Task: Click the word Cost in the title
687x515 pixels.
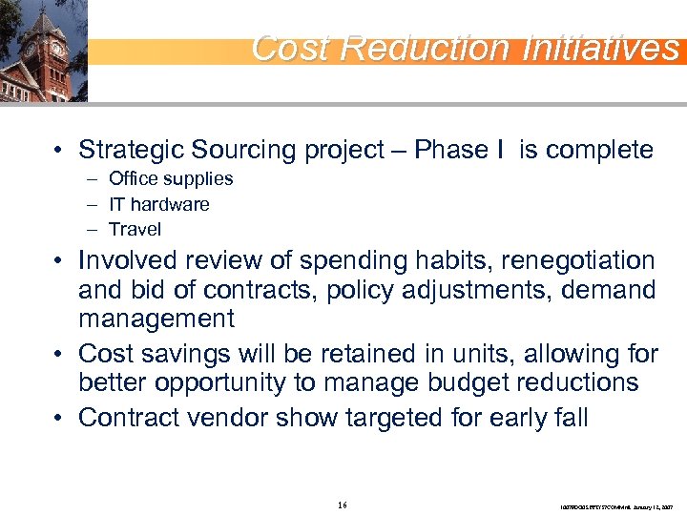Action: click(x=290, y=47)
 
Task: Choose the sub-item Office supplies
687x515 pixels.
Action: click(x=170, y=178)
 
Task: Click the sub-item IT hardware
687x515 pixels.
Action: click(x=158, y=204)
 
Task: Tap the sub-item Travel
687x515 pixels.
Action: click(x=135, y=229)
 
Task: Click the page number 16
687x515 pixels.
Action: click(x=343, y=504)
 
